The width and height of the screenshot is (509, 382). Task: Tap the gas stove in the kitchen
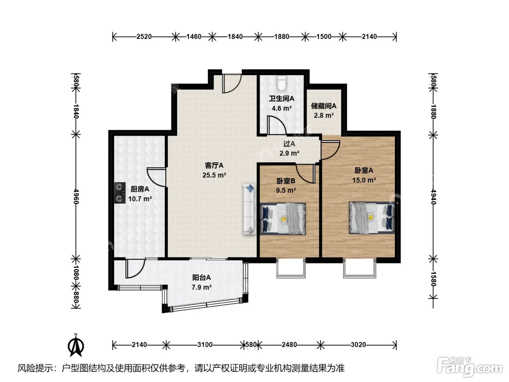pos(119,193)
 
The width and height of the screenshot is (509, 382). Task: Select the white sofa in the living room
pos(249,209)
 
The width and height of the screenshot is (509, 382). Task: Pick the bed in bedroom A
pos(372,218)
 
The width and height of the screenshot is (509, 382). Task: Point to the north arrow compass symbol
pos(76,346)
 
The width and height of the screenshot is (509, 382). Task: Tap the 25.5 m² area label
pos(214,175)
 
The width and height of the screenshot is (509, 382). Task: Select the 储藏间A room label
pos(324,106)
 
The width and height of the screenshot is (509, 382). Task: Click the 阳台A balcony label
pos(201,277)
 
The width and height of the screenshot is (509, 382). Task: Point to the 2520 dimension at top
pos(144,37)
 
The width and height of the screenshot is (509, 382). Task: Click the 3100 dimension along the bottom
pos(205,345)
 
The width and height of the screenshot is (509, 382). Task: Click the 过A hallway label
pos(289,144)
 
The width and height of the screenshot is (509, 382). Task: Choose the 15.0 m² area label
pos(364,180)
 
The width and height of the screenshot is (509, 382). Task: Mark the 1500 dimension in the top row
pos(324,37)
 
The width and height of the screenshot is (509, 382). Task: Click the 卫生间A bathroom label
pos(281,99)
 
